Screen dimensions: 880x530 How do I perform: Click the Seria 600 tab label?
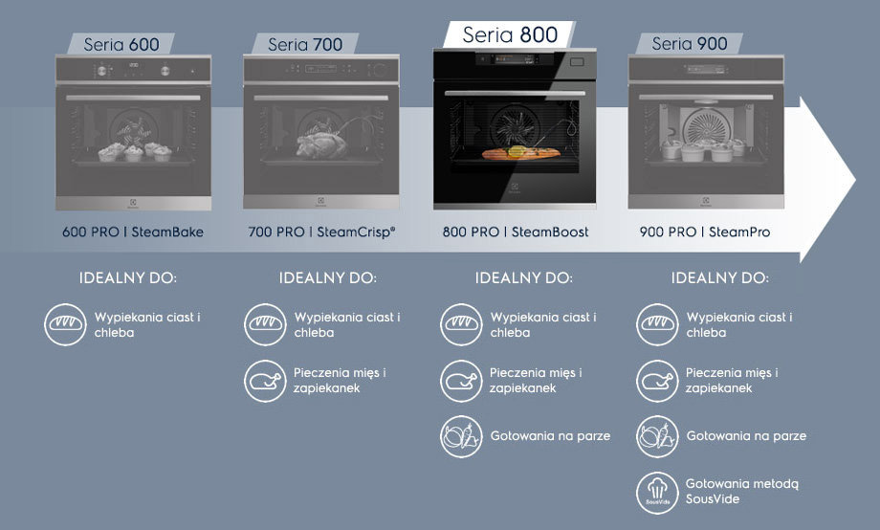(x=121, y=44)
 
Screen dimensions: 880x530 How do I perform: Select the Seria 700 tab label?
(x=305, y=44)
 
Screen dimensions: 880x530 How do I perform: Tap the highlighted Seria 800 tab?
(x=510, y=34)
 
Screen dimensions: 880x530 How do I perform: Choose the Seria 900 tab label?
(x=690, y=44)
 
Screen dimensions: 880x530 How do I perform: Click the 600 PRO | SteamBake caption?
(x=132, y=232)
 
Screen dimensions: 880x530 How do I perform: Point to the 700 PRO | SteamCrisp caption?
(x=321, y=232)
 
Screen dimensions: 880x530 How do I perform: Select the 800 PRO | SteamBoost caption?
(x=516, y=232)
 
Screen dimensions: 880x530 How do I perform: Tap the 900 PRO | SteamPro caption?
(x=705, y=232)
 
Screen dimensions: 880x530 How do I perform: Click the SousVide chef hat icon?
(x=657, y=493)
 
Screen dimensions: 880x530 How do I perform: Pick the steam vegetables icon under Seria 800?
(x=461, y=436)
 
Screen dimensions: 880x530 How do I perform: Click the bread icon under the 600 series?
(x=66, y=324)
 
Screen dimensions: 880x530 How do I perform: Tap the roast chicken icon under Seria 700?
(x=265, y=381)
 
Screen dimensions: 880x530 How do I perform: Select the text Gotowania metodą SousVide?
(x=741, y=492)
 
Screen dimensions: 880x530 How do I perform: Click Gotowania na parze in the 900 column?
(x=746, y=436)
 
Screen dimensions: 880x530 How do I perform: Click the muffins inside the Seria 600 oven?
(x=135, y=151)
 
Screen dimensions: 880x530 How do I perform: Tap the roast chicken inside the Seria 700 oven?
(x=321, y=144)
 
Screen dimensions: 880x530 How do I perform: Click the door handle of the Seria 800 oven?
(x=515, y=93)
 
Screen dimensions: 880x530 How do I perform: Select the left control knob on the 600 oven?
(x=102, y=71)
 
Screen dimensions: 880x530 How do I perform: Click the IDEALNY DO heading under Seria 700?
(x=328, y=277)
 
